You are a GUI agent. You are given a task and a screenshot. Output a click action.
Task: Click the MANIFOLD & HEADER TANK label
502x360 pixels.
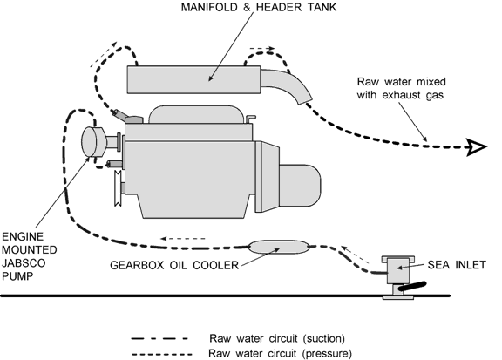(x=259, y=7)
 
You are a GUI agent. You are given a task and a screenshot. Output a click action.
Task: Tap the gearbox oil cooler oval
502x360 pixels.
(x=279, y=247)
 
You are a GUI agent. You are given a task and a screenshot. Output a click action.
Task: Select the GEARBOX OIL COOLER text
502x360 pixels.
(x=174, y=265)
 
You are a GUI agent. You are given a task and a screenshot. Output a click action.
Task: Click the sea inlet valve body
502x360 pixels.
(x=398, y=271)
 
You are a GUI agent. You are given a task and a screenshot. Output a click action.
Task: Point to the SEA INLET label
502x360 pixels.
(x=457, y=265)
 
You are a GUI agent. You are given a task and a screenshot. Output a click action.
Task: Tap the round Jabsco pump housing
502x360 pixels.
(x=93, y=142)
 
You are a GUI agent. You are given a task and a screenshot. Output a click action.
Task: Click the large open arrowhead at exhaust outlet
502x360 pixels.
(x=477, y=147)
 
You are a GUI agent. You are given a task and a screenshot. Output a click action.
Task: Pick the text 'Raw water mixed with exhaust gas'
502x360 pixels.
(x=401, y=88)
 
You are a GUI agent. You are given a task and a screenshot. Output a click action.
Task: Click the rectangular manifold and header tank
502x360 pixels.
(x=193, y=79)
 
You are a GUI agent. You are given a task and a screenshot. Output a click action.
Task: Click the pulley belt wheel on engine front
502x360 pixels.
(x=119, y=188)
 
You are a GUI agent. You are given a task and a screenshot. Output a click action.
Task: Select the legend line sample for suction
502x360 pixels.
(x=159, y=338)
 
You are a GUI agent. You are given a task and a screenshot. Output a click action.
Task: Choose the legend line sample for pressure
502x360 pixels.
(x=162, y=354)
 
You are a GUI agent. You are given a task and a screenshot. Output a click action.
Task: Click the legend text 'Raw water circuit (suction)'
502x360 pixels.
(x=277, y=338)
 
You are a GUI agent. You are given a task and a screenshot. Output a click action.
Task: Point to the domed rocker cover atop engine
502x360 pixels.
(x=196, y=114)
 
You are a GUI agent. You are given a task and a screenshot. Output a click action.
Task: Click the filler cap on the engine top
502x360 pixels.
(x=134, y=119)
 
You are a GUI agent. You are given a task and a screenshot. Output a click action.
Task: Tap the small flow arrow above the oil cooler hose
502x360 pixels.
(x=183, y=239)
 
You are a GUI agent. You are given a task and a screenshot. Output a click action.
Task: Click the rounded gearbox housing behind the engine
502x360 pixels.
(x=298, y=186)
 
